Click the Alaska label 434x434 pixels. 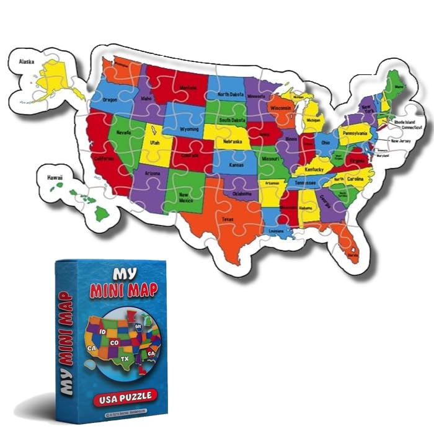click(26, 61)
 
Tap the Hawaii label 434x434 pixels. click(55, 178)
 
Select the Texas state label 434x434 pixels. click(228, 219)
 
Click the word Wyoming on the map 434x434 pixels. click(188, 129)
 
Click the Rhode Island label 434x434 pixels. click(407, 122)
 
